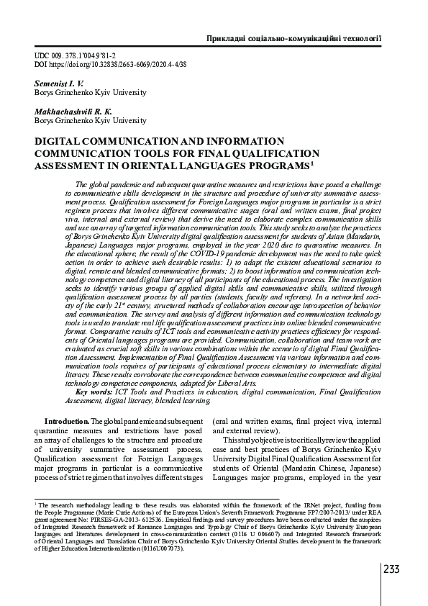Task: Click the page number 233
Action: (391, 570)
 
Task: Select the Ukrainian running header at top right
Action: (293, 37)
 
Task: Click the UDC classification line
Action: (76, 55)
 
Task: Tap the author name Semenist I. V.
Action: (59, 83)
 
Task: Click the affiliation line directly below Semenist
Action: (90, 92)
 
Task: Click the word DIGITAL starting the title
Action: (60, 141)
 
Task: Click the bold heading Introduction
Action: (67, 420)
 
